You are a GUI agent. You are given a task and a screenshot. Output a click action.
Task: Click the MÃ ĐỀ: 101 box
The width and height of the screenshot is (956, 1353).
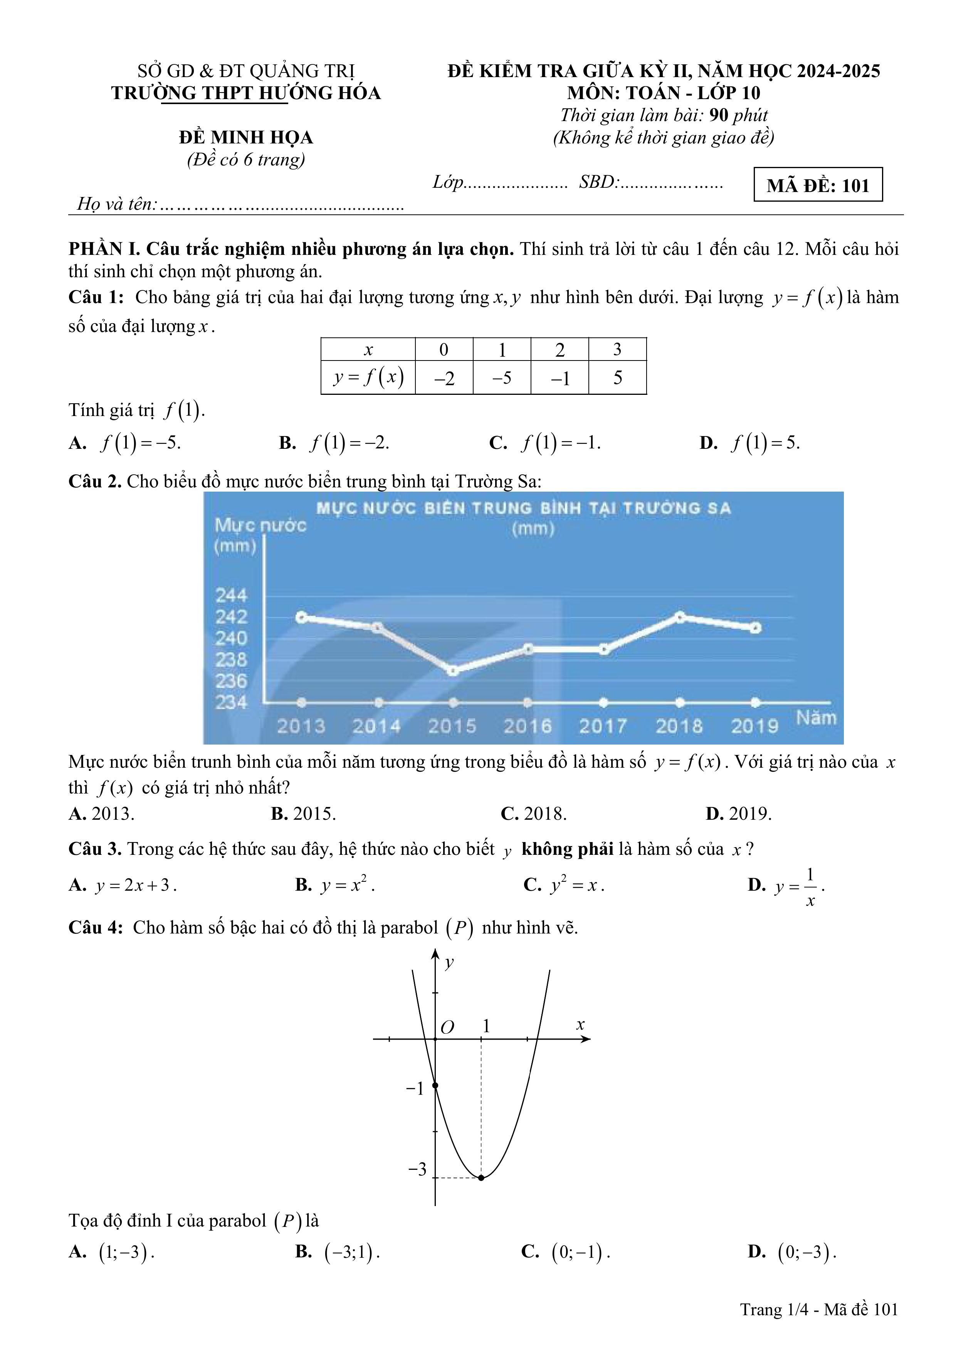click(818, 185)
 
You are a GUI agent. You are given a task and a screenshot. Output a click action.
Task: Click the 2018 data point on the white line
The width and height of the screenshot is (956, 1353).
click(680, 617)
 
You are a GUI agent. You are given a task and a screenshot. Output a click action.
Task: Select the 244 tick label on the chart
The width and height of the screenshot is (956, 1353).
click(231, 595)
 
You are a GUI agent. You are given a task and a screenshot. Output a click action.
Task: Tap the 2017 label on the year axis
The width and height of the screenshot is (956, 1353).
click(603, 726)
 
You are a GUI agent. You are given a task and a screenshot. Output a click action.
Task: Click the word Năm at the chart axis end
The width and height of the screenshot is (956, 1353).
click(815, 718)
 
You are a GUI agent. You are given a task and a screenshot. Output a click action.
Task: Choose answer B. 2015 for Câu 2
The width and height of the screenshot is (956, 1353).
click(303, 814)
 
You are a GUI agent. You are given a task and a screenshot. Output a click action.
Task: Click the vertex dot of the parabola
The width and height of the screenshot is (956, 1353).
click(481, 1178)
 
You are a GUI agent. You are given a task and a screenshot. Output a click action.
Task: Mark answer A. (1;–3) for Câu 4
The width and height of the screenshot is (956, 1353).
click(112, 1252)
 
